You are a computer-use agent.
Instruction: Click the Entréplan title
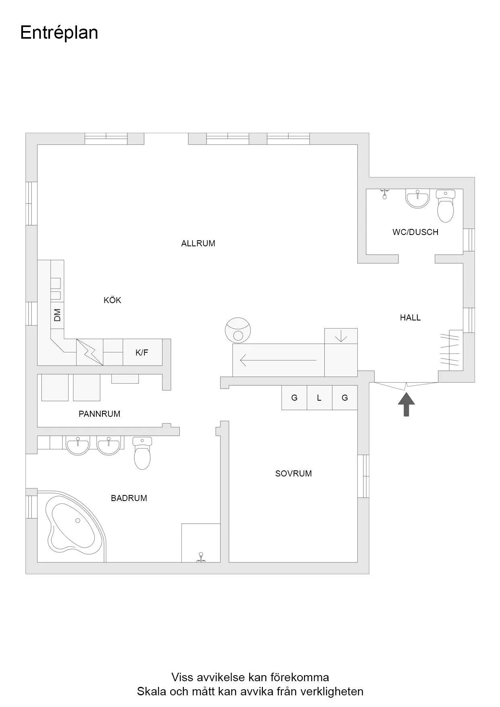59,33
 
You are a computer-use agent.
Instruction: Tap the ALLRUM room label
198,243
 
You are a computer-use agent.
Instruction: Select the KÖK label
112,300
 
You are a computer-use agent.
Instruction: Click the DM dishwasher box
57,315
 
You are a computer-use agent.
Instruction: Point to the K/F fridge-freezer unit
142,353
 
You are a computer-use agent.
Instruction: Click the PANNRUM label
99,414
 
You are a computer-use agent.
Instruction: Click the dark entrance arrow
406,404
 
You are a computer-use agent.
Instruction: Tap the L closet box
319,398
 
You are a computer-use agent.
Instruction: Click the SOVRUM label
293,474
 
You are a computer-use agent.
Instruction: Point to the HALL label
410,318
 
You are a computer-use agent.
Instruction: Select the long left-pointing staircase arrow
278,360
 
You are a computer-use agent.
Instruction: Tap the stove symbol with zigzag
90,352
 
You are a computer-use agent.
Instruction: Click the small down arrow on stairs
341,336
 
